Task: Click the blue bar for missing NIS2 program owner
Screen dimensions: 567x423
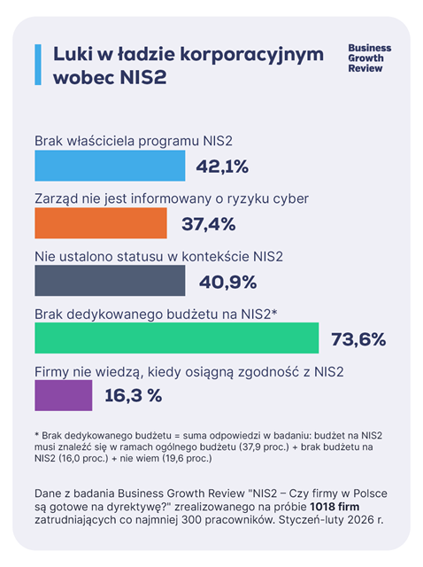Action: [x=109, y=166]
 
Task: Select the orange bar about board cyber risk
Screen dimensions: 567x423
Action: [x=100, y=223]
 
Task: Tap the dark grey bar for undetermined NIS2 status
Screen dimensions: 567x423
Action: [x=109, y=281]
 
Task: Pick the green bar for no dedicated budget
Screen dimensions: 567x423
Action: [x=175, y=338]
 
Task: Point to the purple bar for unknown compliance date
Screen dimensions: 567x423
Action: [x=63, y=395]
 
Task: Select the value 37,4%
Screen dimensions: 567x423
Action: [x=209, y=224]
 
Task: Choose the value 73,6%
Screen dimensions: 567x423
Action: [x=358, y=338]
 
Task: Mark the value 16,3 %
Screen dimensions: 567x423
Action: [x=133, y=396]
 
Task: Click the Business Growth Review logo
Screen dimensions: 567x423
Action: [x=369, y=58]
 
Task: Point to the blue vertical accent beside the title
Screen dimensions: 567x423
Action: [x=38, y=65]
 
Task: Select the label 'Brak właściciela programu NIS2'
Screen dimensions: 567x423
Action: [x=134, y=141]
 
